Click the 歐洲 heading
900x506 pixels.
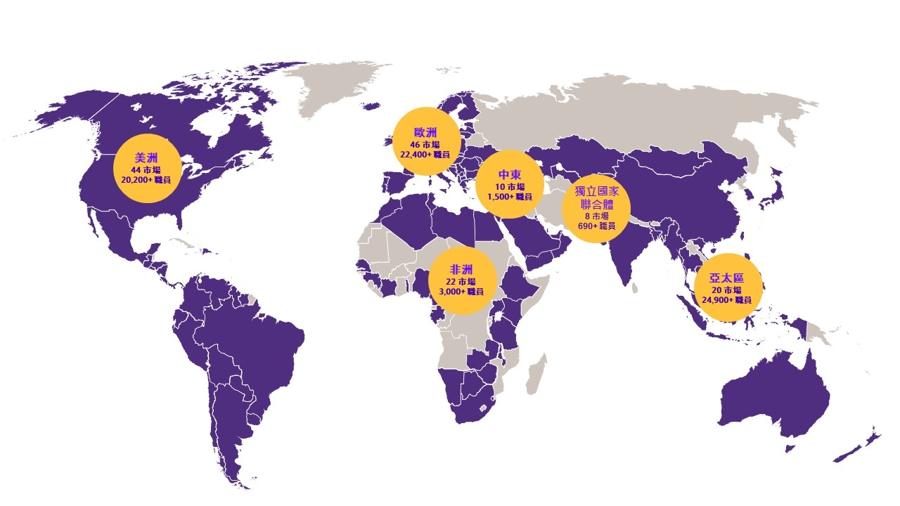425,133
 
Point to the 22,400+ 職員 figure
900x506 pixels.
425,154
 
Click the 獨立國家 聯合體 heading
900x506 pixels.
596,197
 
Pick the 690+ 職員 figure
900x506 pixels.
596,226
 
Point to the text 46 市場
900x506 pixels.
425,145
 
